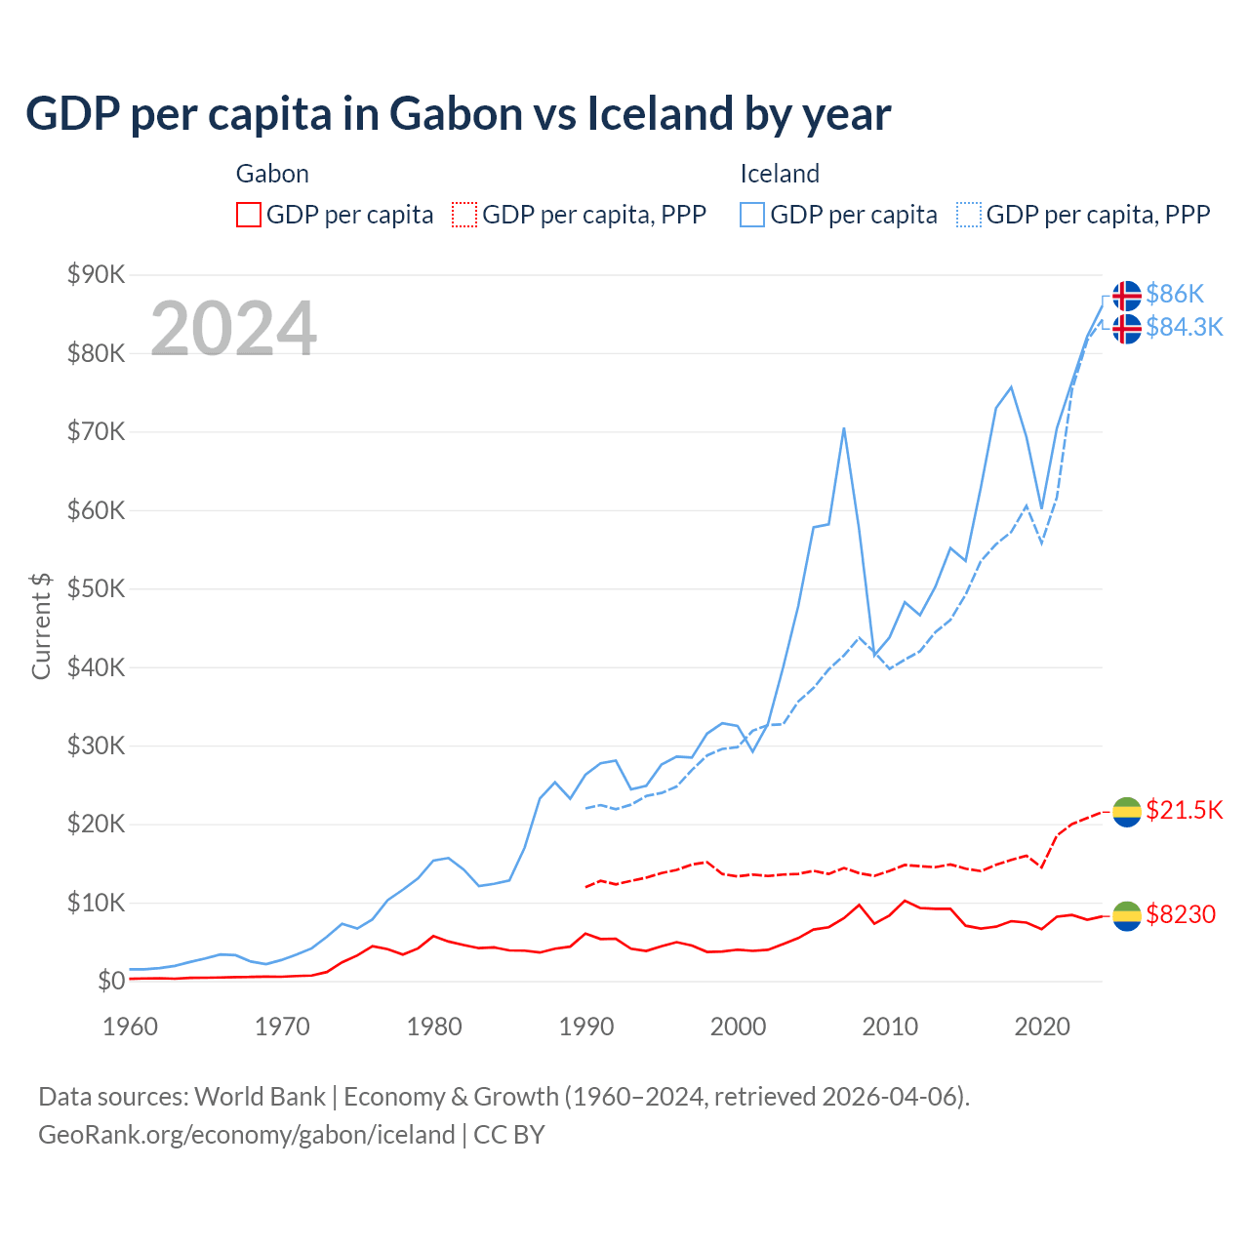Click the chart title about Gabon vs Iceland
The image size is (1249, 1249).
click(458, 114)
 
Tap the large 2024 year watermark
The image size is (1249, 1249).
click(233, 329)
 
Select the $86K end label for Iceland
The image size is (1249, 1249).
click(1175, 294)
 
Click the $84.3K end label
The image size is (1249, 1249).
click(1184, 327)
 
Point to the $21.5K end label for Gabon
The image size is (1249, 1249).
click(1184, 810)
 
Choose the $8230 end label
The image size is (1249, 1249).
click(1180, 914)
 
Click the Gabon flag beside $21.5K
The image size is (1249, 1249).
click(1127, 811)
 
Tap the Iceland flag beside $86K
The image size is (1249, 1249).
click(1127, 295)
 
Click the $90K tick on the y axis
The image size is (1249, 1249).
click(96, 274)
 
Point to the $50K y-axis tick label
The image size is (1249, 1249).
click(96, 588)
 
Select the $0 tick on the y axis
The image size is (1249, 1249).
click(110, 982)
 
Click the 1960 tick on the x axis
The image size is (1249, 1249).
click(130, 1027)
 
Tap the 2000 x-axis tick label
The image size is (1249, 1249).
click(738, 1027)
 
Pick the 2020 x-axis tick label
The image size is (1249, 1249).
click(1042, 1027)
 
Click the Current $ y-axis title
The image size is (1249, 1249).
click(41, 625)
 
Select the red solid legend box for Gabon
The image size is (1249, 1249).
click(249, 215)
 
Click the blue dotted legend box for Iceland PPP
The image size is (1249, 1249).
click(969, 215)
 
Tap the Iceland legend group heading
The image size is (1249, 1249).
click(779, 174)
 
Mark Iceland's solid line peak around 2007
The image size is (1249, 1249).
click(843, 428)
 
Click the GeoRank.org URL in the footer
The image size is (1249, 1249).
click(247, 1135)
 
